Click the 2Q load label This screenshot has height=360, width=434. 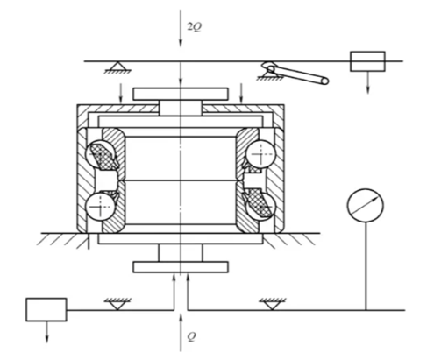[x=195, y=27]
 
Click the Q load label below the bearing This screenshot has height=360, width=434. [x=191, y=336]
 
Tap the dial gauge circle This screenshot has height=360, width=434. [x=365, y=205]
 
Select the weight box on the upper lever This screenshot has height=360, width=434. [x=367, y=61]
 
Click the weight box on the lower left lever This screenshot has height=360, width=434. [x=46, y=310]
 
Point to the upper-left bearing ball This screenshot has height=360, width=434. [x=99, y=154]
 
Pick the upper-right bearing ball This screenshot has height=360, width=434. [x=260, y=154]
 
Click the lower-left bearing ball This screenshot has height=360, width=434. [x=100, y=206]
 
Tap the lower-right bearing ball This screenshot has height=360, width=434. [x=260, y=206]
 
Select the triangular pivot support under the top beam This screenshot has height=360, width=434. [x=117, y=67]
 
